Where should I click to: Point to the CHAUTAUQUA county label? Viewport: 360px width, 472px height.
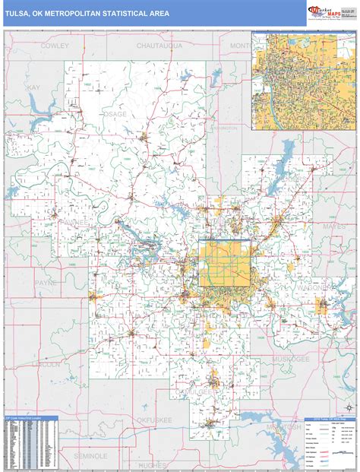point(158,46)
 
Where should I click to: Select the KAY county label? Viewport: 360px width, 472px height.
point(33,88)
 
